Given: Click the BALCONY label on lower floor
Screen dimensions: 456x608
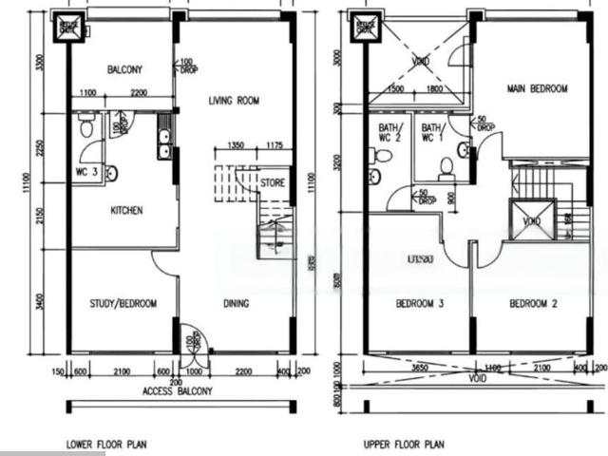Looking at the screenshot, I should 124,70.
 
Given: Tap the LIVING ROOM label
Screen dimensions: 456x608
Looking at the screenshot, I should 234,100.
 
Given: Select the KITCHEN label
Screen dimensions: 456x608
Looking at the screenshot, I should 126,210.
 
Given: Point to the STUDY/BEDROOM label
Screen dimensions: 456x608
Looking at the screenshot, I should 123,304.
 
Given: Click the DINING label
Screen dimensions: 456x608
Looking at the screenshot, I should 236,304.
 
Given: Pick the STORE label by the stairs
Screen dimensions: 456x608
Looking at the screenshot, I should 273,182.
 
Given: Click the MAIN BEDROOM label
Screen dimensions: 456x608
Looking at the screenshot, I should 537,89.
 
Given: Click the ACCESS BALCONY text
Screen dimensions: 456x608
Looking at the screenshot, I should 178,391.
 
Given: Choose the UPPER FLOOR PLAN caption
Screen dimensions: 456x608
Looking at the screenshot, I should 404,444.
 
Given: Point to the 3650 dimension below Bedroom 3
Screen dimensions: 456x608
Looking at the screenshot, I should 419,367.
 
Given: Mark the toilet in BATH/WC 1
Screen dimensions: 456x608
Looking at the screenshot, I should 446,169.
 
